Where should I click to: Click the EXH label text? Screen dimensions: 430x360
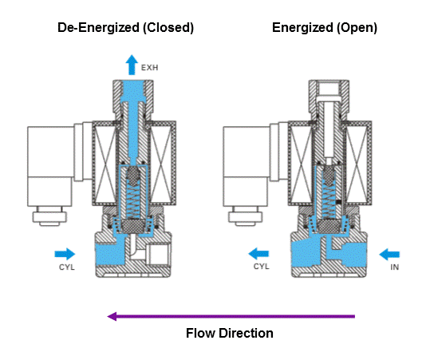click(x=149, y=68)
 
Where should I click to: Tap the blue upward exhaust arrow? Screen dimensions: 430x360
click(x=132, y=65)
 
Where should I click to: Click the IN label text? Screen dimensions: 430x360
click(x=395, y=267)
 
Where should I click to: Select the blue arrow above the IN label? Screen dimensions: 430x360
click(x=389, y=254)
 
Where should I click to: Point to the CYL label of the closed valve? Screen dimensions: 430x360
click(x=67, y=267)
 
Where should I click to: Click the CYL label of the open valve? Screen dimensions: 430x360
click(x=262, y=267)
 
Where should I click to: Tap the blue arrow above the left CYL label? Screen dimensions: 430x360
click(x=65, y=254)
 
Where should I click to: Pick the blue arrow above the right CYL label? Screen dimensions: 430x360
click(x=258, y=254)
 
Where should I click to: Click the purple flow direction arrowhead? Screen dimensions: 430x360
click(x=112, y=316)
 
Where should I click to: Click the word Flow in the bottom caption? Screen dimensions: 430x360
click(x=200, y=333)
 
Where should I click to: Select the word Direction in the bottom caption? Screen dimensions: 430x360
click(x=246, y=333)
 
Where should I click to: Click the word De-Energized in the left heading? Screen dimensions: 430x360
click(x=98, y=28)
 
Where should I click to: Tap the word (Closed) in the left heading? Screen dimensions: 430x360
click(x=168, y=28)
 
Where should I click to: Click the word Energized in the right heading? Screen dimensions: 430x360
click(x=302, y=28)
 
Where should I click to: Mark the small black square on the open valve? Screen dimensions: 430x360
click(x=339, y=202)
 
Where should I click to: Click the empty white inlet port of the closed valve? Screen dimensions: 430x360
click(x=158, y=254)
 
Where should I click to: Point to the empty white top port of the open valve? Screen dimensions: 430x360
click(x=329, y=88)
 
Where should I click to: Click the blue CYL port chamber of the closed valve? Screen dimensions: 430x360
click(x=110, y=254)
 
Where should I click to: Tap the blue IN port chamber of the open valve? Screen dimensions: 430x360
click(x=352, y=255)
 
